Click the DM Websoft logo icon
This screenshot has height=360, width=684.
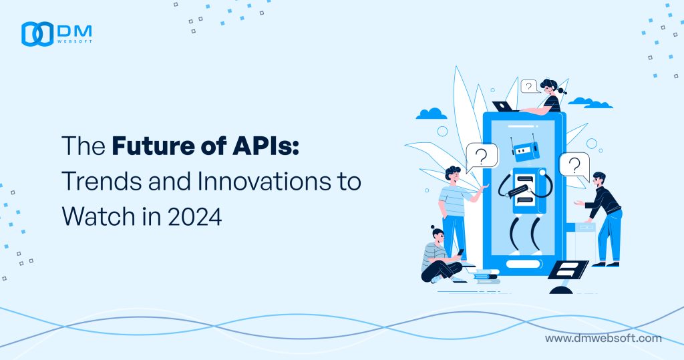click(36, 34)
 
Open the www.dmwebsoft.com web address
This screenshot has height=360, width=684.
click(603, 339)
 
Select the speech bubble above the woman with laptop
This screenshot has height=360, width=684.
click(529, 86)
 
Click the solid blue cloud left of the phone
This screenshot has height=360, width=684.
click(430, 113)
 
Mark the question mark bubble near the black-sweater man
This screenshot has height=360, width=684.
click(573, 164)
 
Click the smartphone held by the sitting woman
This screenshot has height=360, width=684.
click(460, 252)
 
